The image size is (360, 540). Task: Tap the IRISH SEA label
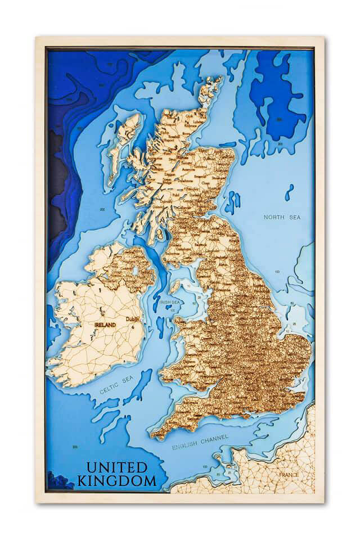(169, 302)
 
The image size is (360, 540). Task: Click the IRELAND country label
(105, 325)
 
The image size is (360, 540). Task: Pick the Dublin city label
(134, 319)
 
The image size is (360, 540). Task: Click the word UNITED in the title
(116, 467)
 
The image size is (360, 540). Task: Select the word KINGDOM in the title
(116, 481)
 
